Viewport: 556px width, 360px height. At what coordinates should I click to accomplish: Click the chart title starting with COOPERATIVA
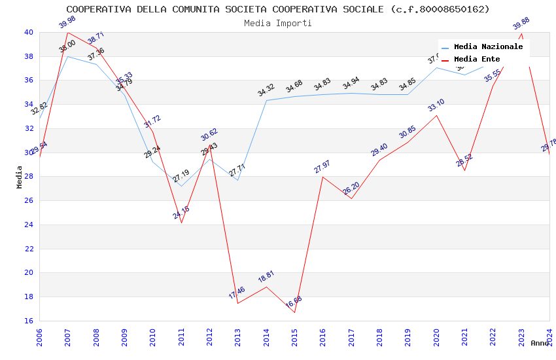pos(278,9)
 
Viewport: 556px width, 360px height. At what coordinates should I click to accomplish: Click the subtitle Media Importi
pos(278,23)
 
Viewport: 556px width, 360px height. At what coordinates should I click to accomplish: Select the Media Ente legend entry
pos(477,59)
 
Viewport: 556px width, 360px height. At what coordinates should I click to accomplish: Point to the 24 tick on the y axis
pos(29,225)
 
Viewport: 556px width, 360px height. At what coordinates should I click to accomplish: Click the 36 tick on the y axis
pos(29,81)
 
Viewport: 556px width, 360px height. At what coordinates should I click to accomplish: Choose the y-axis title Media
pos(20,177)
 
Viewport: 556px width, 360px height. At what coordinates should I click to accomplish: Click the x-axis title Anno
pos(540,343)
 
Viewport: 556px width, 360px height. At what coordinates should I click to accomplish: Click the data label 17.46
pos(237,293)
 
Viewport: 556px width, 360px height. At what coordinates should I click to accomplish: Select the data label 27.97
pos(322,168)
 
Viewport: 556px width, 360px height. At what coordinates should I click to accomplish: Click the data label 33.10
pos(436,105)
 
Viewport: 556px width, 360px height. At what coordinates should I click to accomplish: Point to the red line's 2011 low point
pos(181,223)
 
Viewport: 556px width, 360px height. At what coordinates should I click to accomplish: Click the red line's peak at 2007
pos(67,32)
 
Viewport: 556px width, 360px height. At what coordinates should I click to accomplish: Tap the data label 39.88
pos(521,24)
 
